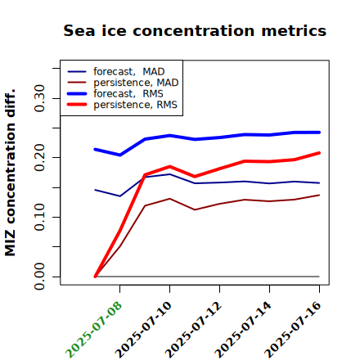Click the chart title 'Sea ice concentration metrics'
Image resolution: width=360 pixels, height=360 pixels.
pos(195,30)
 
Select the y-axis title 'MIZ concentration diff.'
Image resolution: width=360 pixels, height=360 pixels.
pos(10,173)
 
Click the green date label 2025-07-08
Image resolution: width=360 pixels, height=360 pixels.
pos(93,330)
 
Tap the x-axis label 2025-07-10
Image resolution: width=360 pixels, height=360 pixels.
pos(143,330)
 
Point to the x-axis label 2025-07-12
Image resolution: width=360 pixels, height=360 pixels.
pos(193,330)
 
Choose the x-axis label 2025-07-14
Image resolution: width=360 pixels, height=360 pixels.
pos(243,330)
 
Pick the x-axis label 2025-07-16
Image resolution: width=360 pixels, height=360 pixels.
pos(293,330)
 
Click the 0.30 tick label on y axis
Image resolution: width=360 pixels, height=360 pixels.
pos(39,98)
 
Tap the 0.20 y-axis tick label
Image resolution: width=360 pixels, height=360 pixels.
pos(39,157)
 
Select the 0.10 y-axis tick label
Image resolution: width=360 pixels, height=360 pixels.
pos(39,217)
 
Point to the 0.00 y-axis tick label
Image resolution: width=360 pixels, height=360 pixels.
pos(39,277)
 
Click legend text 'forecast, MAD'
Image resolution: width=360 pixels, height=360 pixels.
pos(129,72)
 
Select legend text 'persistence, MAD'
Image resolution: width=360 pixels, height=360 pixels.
pos(136,83)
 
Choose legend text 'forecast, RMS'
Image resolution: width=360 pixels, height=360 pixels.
pos(128,94)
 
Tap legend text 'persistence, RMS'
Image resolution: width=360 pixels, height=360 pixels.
pos(136,105)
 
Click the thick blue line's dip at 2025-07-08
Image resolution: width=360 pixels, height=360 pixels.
pos(120,155)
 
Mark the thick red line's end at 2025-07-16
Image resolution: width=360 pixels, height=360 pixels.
pos(319,153)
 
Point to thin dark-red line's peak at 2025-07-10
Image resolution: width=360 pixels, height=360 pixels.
pos(170,199)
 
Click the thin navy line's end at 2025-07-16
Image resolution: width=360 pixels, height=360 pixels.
pos(319,183)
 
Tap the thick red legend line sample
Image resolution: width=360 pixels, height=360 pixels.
pos(77,105)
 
